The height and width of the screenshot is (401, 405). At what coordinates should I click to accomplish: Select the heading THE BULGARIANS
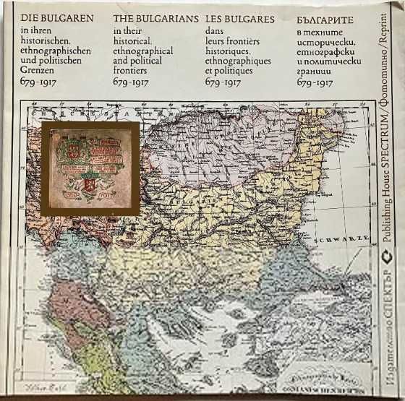(155, 20)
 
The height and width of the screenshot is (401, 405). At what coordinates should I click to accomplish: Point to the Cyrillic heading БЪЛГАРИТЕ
(325, 20)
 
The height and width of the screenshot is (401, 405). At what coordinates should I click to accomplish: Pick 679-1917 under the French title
(223, 82)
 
